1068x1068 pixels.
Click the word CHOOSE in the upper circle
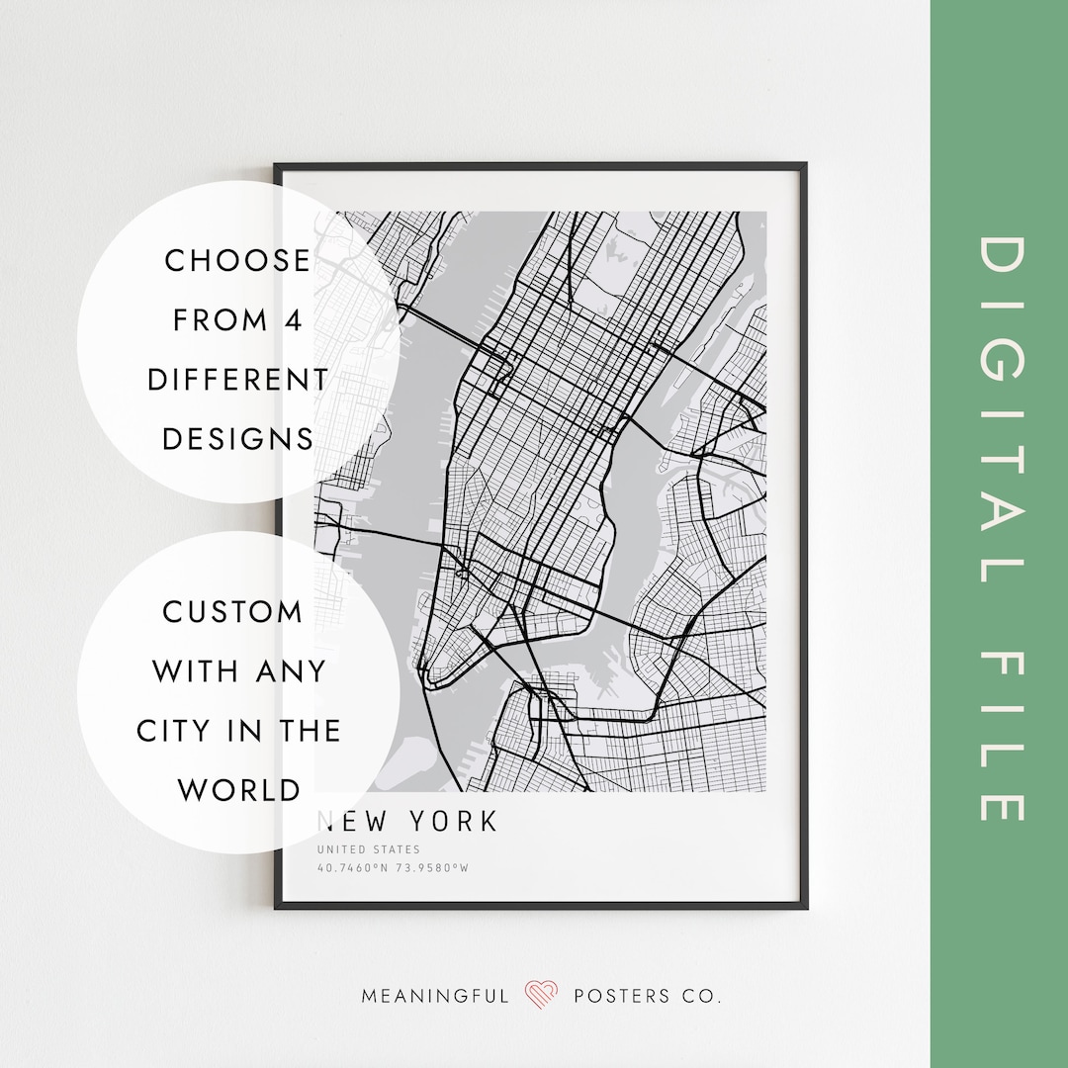[237, 261]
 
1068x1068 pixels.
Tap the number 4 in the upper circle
[296, 320]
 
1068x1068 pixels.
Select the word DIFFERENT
[237, 380]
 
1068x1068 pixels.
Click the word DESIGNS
[237, 439]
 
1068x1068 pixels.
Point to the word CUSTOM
[233, 612]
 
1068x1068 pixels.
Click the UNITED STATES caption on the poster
[369, 849]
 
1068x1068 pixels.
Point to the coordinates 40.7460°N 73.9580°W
[393, 869]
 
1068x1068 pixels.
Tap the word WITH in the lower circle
[195, 671]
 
